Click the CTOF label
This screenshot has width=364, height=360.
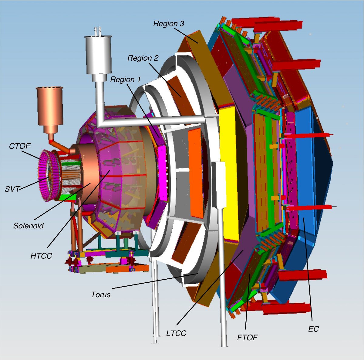click(x=20, y=146)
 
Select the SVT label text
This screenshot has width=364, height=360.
click(x=12, y=189)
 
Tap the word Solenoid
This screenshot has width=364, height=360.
click(x=29, y=226)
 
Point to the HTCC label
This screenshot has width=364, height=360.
click(x=41, y=256)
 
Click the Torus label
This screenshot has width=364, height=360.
click(x=101, y=294)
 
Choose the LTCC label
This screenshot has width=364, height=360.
click(x=176, y=333)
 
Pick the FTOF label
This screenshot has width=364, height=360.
click(x=247, y=337)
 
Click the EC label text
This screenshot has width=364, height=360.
click(x=313, y=329)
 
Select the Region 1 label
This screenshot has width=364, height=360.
click(x=125, y=79)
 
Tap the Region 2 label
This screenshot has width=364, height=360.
click(x=143, y=58)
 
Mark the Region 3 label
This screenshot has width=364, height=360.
click(x=169, y=24)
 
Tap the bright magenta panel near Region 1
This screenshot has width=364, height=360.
click(x=163, y=173)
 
